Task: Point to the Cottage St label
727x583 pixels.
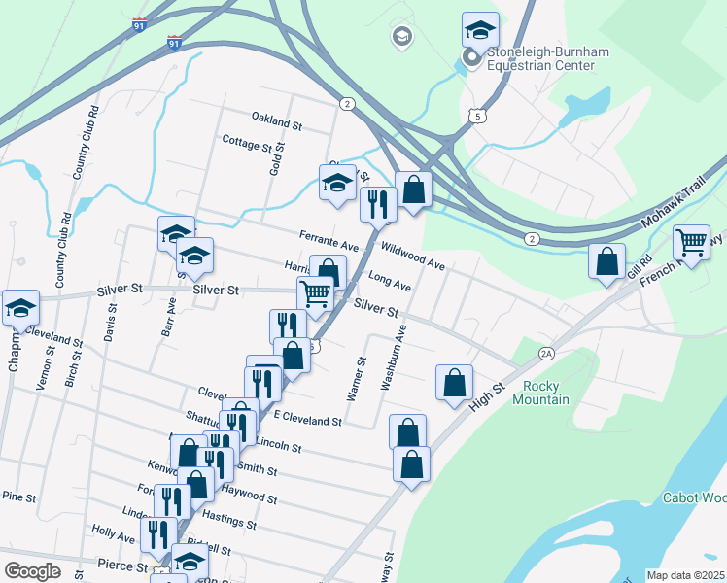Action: [x=247, y=145]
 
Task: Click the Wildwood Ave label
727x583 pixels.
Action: [x=413, y=257]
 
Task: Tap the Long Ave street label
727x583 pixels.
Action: [x=390, y=282]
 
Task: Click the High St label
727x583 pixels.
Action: [x=486, y=394]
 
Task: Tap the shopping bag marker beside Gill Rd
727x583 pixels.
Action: [x=606, y=260]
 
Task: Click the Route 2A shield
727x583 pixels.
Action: [x=547, y=355]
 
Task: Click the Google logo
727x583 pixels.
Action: [x=32, y=571]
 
